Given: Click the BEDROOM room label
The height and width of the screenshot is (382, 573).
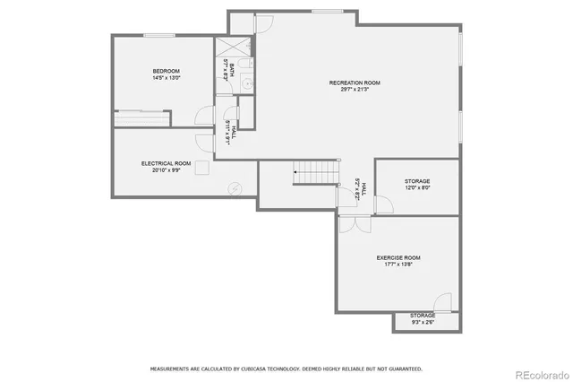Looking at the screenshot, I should [167, 71].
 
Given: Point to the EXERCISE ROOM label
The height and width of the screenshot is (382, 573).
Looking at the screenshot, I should [398, 257].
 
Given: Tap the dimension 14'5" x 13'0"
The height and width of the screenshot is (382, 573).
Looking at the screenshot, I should [167, 78].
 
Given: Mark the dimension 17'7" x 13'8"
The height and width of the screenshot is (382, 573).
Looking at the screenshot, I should [398, 265].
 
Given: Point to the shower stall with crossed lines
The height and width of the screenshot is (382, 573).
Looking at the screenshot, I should [230, 48].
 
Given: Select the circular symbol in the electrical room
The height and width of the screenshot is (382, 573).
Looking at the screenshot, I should [235, 188].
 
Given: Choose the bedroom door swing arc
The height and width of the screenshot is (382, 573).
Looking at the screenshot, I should [205, 114].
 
